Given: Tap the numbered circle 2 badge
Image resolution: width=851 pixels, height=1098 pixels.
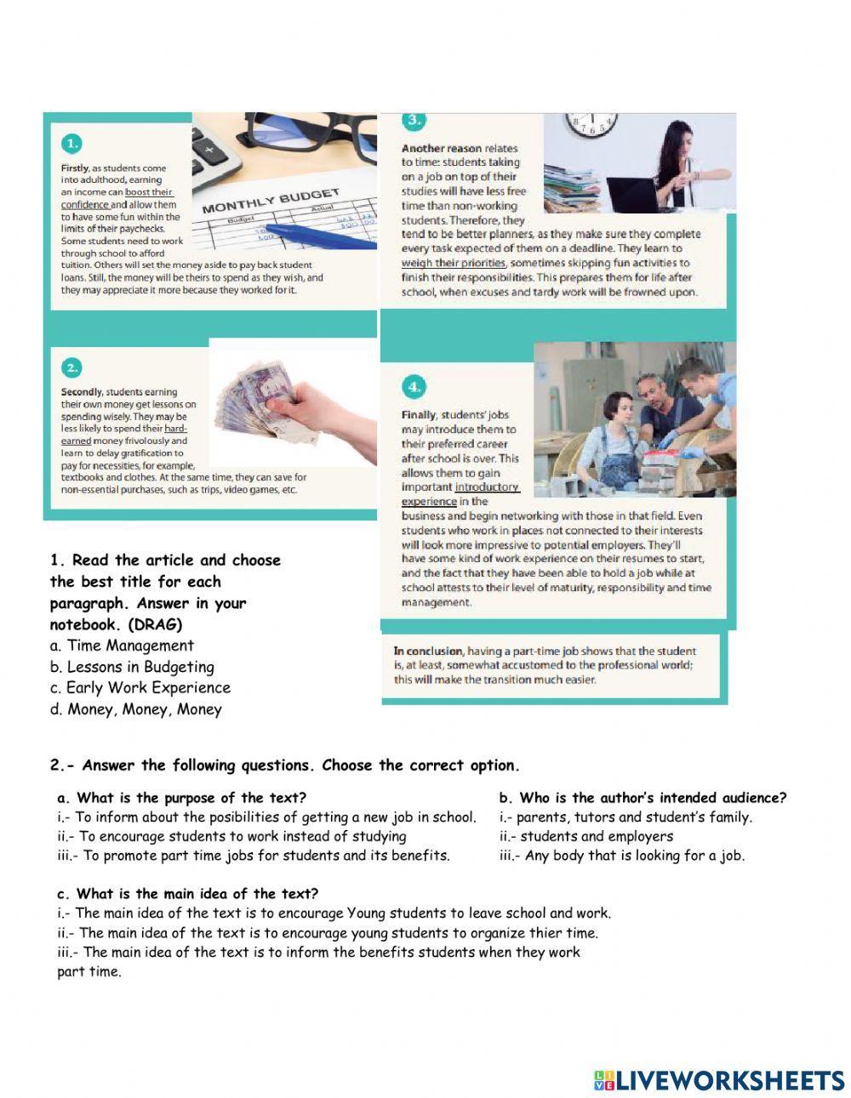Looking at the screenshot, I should click(72, 367).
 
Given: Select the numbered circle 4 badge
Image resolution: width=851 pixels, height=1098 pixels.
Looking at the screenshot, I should click(413, 387).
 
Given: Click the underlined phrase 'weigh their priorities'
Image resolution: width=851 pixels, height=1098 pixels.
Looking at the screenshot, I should click(453, 263).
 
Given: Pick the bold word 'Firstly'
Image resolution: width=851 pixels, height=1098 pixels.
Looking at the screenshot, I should click(74, 168).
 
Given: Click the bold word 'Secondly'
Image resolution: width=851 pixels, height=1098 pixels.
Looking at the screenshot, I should click(82, 392).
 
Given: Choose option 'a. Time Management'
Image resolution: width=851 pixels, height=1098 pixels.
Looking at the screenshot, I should click(122, 646).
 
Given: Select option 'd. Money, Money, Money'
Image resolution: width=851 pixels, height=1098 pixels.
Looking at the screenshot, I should click(135, 709).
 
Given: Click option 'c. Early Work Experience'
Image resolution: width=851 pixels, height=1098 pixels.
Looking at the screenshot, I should click(140, 687).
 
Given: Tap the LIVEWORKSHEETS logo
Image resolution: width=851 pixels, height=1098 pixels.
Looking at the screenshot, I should click(719, 1080).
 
